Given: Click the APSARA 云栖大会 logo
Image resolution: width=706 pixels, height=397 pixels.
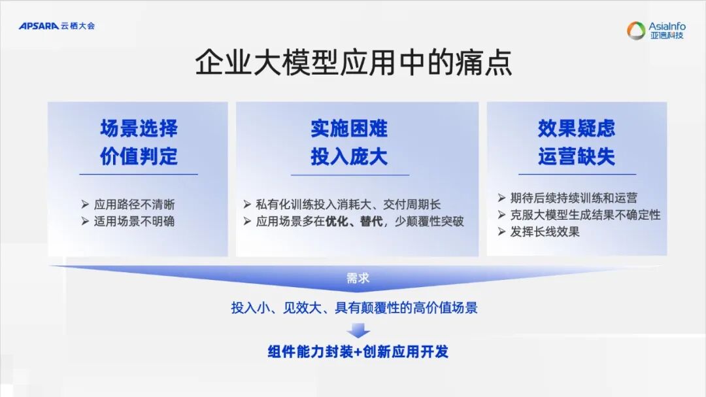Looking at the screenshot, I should pos(57,26).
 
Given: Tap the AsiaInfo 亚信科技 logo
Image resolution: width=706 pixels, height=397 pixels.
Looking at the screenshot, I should pos(656,30).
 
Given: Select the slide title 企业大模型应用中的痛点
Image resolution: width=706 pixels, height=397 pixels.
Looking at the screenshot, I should pos(353,64).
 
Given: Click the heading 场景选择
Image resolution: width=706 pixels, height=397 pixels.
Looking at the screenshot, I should pos(139,128).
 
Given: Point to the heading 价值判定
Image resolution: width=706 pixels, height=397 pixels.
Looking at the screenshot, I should pos(139,157).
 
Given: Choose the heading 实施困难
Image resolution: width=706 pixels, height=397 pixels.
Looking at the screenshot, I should pos(349,128).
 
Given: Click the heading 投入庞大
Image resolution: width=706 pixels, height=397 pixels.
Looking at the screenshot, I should pos(349,157).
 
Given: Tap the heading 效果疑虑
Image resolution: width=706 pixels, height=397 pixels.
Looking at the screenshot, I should pos(577,128).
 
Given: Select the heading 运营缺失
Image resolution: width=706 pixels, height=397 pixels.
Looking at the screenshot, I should pos(577,157).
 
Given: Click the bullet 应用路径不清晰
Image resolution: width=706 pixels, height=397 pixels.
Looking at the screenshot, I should pos(134,205).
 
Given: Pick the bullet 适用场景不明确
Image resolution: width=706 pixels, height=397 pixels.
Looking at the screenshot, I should pos(134,221).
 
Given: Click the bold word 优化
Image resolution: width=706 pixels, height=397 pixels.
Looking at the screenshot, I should pos(338,221).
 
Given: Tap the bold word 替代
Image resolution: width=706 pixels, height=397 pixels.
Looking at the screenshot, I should pos(372,221).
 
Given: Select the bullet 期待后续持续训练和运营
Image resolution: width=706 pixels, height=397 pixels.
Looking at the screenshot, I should pos(573,198).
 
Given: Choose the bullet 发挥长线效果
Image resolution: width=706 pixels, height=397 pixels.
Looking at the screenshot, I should pos(545,232).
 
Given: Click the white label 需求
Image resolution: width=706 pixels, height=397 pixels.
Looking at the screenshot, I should pos(358,278).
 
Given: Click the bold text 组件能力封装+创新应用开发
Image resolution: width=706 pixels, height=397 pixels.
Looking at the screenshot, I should pos(358,352).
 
